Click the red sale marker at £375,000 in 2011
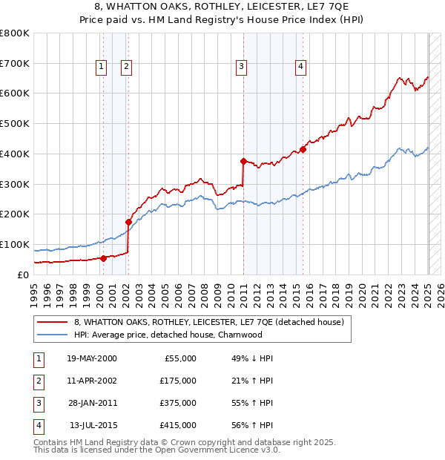(x=243, y=160)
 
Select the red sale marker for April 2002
(x=128, y=221)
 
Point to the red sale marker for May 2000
(x=103, y=257)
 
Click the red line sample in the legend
(x=52, y=323)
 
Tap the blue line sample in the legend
(x=52, y=335)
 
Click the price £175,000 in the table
(x=178, y=381)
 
